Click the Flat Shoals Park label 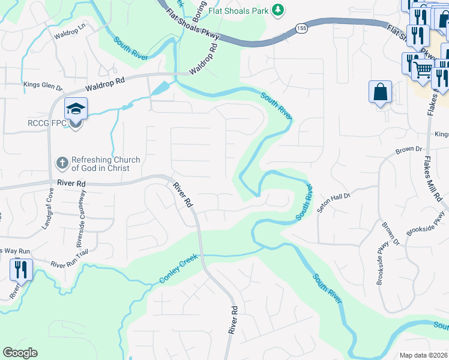click(238, 10)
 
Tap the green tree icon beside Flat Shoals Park click(277, 10)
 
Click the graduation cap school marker click(76, 109)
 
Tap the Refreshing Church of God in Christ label click(106, 164)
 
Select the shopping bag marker click(381, 92)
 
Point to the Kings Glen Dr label click(43, 86)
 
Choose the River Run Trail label click(70, 264)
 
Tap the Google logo click(20, 353)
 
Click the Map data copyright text click(423, 355)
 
